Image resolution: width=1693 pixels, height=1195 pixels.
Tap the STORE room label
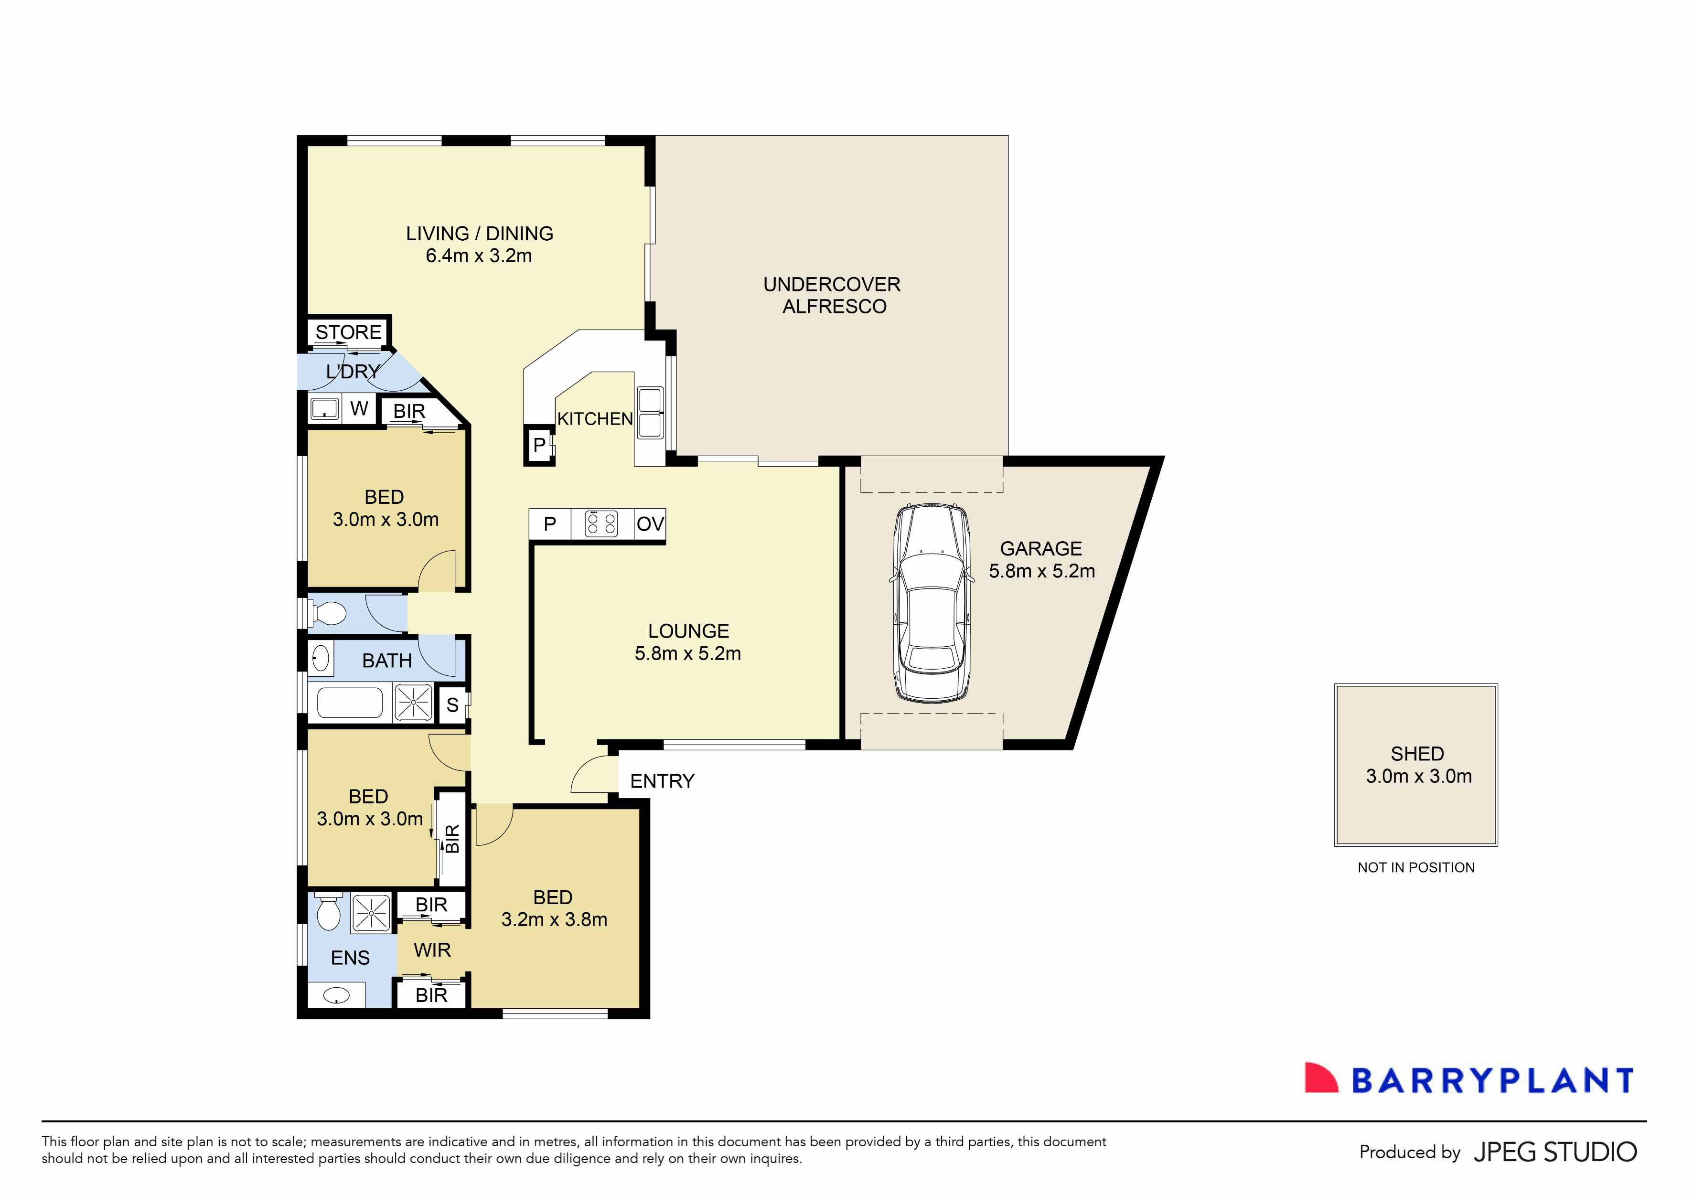coord(348,332)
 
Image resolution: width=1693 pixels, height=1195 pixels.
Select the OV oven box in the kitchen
coord(650,524)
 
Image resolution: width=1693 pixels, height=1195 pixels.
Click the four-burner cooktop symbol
coord(601,524)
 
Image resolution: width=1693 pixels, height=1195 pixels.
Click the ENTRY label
coord(662,781)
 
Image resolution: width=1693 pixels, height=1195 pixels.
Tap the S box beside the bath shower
coord(452,705)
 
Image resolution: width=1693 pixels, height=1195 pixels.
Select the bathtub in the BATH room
coord(350,703)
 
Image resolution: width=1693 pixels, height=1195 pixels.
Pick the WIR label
coord(432,950)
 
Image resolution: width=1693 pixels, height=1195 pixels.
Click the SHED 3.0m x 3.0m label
coord(1417,765)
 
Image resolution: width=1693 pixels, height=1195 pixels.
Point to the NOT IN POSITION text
coord(1416,868)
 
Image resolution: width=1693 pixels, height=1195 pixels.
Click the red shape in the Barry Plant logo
coord(1320,1078)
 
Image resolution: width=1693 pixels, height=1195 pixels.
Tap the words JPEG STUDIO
coord(1555,1152)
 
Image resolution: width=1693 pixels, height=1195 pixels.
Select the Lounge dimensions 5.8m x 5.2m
coord(687,654)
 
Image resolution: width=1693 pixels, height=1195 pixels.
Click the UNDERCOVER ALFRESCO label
coord(833,296)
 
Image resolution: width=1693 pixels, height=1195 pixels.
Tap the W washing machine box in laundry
coord(359,408)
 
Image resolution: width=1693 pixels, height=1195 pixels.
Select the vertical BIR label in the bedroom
coord(452,838)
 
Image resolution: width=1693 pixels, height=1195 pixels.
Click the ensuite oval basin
coord(337,996)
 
